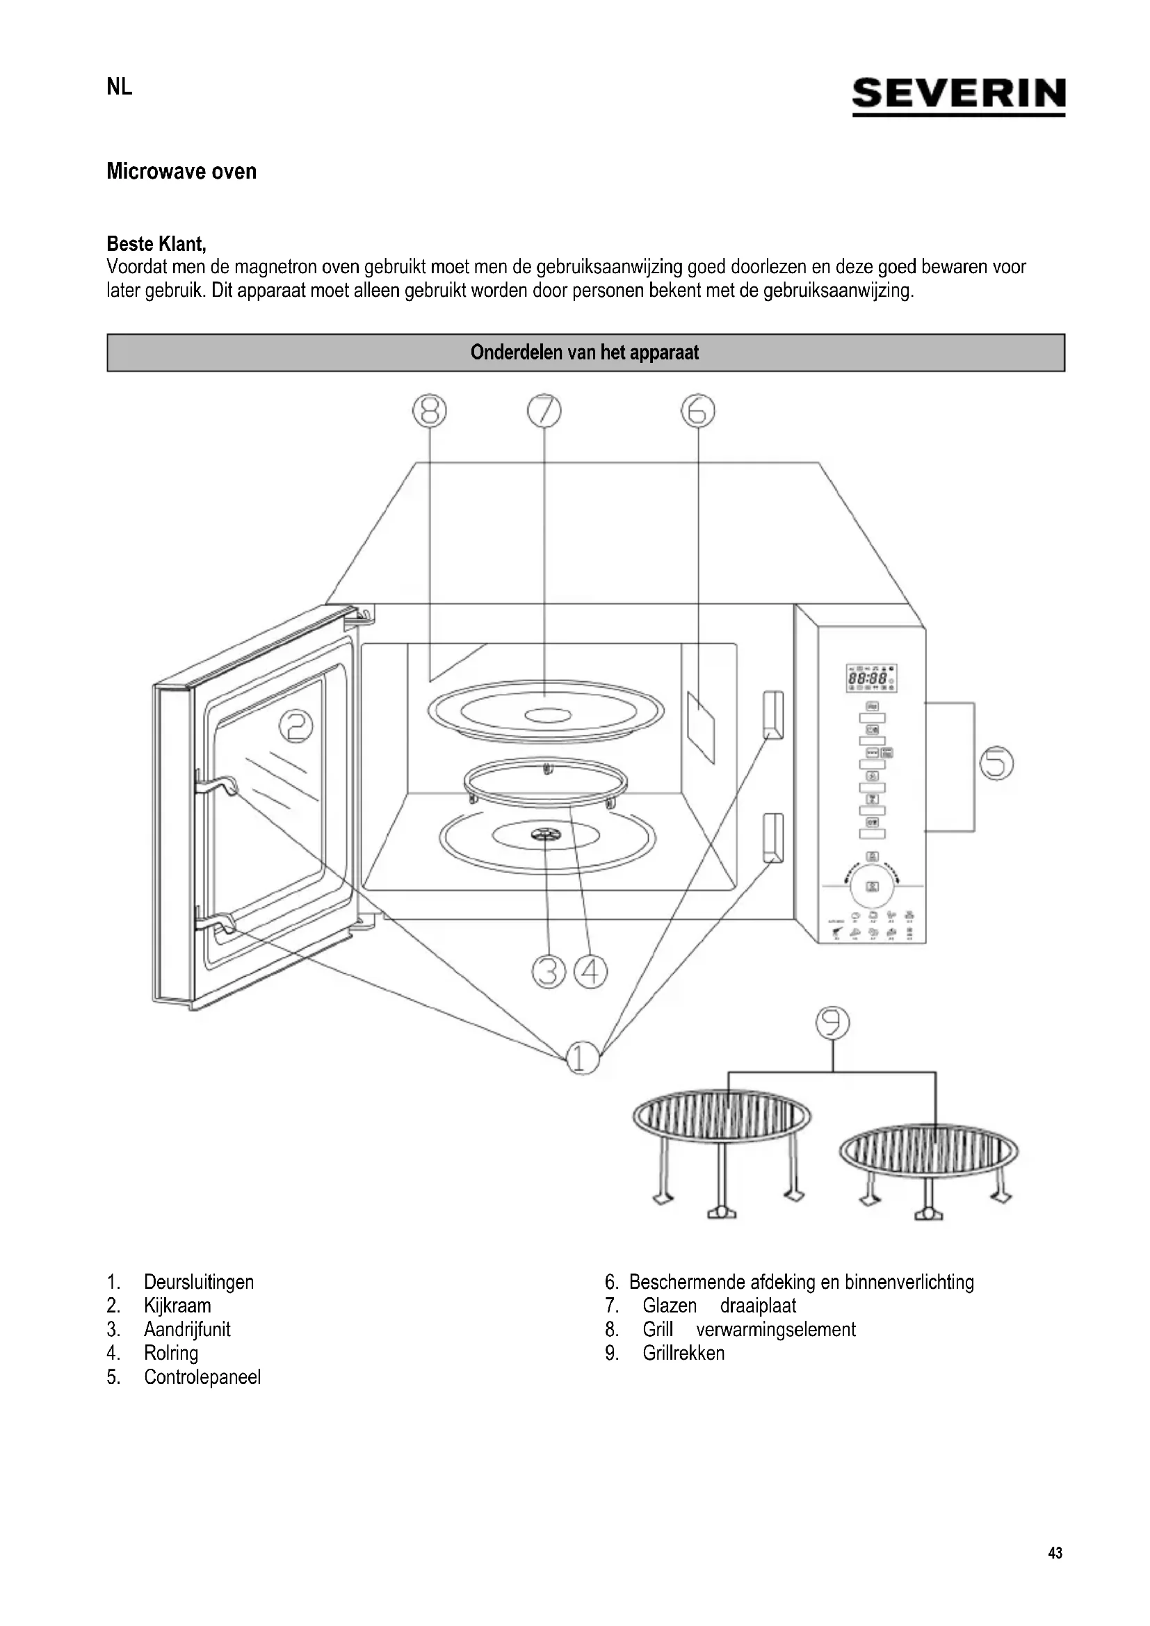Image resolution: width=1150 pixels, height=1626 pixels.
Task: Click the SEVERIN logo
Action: tap(958, 96)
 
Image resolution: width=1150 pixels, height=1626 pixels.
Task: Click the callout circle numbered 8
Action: tap(430, 411)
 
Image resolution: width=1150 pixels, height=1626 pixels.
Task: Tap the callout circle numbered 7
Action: tap(544, 411)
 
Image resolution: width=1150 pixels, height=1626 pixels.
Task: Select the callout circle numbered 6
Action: tap(698, 411)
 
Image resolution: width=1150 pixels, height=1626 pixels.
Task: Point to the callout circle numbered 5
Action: tap(996, 763)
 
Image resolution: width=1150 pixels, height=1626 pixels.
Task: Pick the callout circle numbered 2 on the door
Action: tap(297, 726)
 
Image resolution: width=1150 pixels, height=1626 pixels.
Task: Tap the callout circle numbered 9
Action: tap(833, 1023)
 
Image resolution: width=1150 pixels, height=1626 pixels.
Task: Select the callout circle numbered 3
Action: tap(549, 972)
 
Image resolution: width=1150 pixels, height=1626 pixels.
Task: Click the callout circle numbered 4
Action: tap(590, 972)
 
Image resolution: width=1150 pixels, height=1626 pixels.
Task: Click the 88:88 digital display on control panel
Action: tap(868, 678)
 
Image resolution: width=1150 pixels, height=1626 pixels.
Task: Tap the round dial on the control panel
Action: tap(873, 885)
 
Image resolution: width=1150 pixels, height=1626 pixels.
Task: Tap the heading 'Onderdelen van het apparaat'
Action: tap(585, 352)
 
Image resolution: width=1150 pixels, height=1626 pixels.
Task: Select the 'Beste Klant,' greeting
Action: tap(156, 243)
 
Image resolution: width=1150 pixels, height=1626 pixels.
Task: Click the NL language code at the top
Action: tap(120, 87)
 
